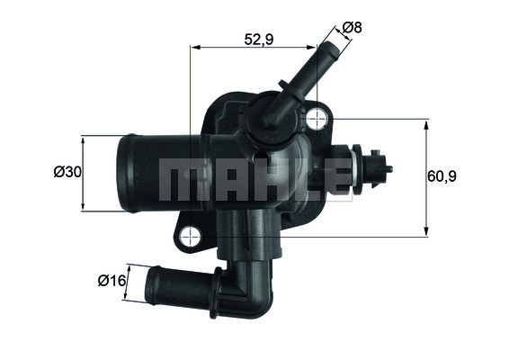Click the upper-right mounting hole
tap(317, 118)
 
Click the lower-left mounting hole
tap(189, 238)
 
